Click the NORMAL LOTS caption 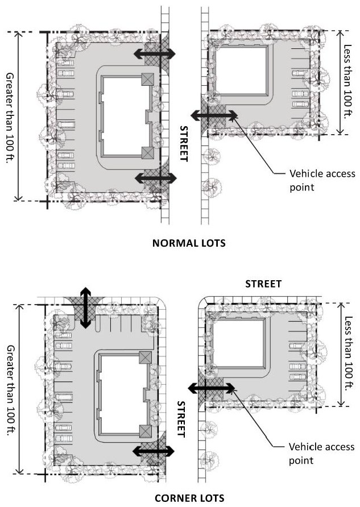pos(189,243)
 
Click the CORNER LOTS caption pos(189,498)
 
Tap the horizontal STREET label pos(263,284)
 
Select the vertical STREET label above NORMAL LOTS pos(184,143)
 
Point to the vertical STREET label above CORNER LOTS pos(181,419)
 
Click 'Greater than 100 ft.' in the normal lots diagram pos(10,118)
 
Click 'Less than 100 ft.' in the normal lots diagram pos(347,81)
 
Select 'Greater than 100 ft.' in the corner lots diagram pos(11,390)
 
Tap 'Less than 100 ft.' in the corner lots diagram pos(349,354)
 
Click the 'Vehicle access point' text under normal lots pos(322,180)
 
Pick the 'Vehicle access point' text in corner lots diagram pos(321,454)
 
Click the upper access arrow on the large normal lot pos(155,53)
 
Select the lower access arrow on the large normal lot pos(156,178)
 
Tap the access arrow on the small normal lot pos(214,115)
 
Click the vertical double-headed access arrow pos(85,307)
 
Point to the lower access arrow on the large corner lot pos(154,451)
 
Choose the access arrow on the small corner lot pos(212,388)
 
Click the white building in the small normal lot pos(241,70)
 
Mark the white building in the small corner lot pos(239,343)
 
